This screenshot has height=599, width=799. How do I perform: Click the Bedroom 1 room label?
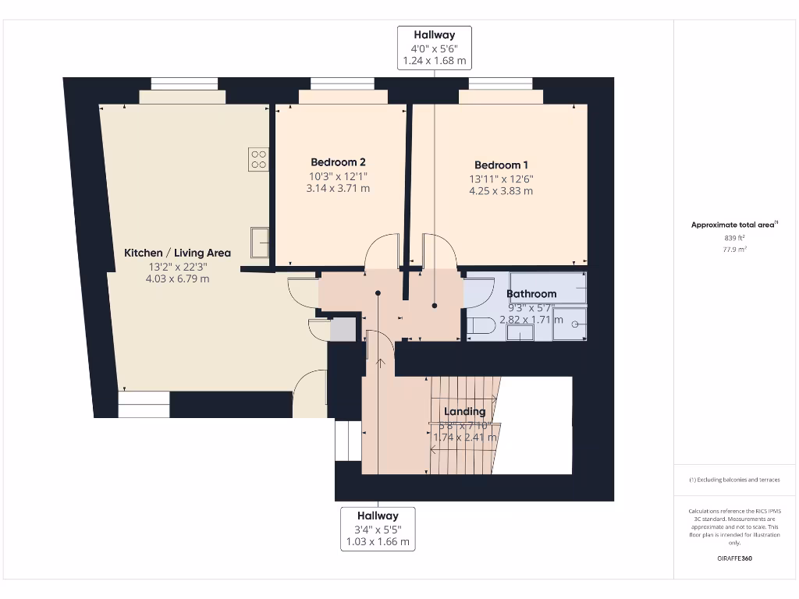pyautogui.click(x=501, y=165)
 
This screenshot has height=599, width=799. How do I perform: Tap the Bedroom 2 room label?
pyautogui.click(x=338, y=162)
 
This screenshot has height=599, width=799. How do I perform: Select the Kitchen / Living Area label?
pyautogui.click(x=178, y=253)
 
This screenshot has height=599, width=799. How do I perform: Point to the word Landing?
pyautogui.click(x=464, y=411)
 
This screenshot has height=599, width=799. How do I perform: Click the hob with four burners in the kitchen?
pyautogui.click(x=259, y=159)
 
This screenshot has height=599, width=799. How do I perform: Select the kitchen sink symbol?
pyautogui.click(x=259, y=242)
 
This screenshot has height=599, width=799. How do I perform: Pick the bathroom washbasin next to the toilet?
pyautogui.click(x=520, y=333)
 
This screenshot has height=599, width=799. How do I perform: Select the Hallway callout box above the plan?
pyautogui.click(x=435, y=48)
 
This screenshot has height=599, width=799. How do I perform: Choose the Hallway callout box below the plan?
pyautogui.click(x=378, y=529)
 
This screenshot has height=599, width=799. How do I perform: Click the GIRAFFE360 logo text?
pyautogui.click(x=734, y=558)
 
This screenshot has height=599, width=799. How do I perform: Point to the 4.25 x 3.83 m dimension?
pyautogui.click(x=501, y=191)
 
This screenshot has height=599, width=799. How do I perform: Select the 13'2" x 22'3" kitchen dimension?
pyautogui.click(x=178, y=267)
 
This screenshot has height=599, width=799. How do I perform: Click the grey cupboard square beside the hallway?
pyautogui.click(x=343, y=329)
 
